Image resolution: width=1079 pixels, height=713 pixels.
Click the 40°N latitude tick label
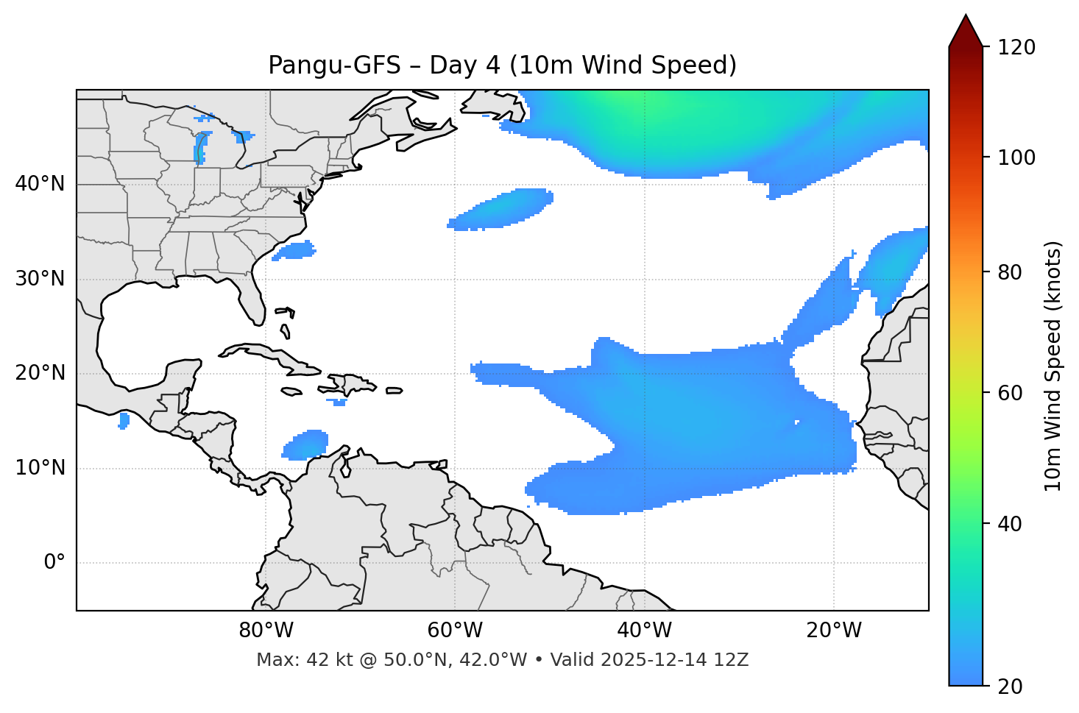click(x=40, y=184)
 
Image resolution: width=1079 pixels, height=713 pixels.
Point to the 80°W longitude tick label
click(x=266, y=631)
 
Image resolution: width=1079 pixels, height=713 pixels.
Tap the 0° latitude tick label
click(x=54, y=563)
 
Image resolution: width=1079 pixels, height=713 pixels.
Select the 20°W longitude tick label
click(x=834, y=631)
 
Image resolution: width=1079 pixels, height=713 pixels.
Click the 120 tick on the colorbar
click(x=1016, y=48)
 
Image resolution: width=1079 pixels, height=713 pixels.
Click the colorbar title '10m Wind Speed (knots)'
click(x=1053, y=366)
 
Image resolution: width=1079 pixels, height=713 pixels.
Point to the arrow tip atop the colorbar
click(x=966, y=16)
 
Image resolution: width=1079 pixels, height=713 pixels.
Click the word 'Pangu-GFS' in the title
click(x=334, y=65)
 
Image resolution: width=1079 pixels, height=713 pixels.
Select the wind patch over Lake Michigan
click(x=200, y=147)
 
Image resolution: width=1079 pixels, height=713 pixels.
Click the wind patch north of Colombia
click(x=306, y=445)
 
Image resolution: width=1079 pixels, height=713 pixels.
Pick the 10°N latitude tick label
click(x=40, y=468)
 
